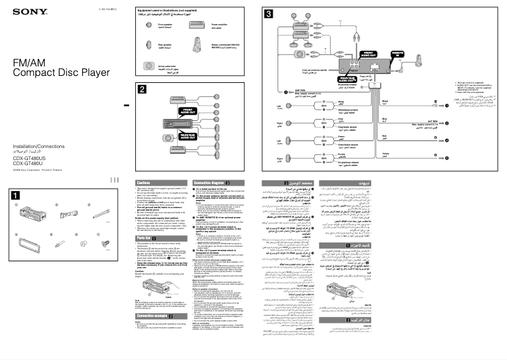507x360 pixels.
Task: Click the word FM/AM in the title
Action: point(27,62)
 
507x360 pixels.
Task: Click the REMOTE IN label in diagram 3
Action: point(397,54)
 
